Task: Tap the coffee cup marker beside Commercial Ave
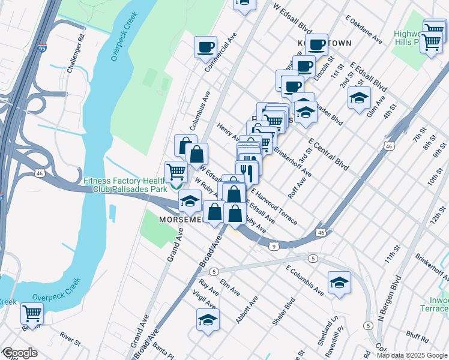click(205, 47)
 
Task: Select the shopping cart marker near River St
click(32, 313)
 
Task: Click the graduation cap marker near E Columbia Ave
click(339, 283)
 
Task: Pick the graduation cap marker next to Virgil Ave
click(208, 320)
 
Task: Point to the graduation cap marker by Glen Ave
click(359, 98)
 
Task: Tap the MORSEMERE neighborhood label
click(181, 220)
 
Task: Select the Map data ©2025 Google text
click(412, 355)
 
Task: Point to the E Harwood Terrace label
click(274, 208)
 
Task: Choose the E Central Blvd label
click(328, 154)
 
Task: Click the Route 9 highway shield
click(273, 246)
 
